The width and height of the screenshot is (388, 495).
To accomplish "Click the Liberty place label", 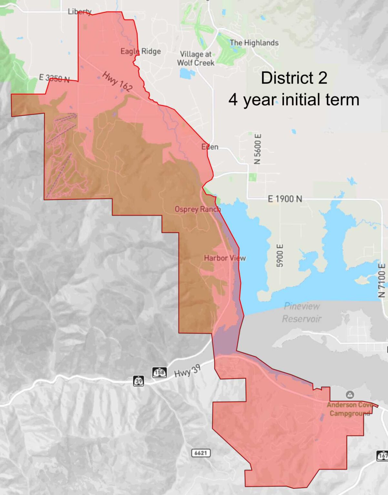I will [79, 12].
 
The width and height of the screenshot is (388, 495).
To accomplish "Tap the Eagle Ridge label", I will [140, 51].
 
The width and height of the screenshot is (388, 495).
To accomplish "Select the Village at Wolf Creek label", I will [196, 58].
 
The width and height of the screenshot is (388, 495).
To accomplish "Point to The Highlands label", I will [254, 43].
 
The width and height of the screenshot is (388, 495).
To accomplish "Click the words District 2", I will [294, 78].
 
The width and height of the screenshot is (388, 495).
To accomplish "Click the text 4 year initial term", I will [294, 99].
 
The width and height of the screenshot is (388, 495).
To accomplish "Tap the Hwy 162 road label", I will [117, 81].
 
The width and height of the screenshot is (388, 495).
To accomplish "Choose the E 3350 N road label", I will [54, 78].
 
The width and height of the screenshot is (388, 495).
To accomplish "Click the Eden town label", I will [210, 147].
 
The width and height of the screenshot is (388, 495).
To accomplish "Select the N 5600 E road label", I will [257, 149].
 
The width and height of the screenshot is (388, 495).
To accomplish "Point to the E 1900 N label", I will [285, 199].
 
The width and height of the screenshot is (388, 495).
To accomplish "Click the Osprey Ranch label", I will [198, 209].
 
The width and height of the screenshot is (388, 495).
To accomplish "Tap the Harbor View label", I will [225, 258].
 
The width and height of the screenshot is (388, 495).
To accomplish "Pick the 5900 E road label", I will [280, 255].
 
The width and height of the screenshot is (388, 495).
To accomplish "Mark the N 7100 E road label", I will [382, 280].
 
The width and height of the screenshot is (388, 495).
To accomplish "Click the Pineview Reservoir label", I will [301, 312].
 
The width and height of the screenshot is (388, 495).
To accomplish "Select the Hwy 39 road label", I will [187, 371].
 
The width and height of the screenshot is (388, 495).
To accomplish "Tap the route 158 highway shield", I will [159, 373].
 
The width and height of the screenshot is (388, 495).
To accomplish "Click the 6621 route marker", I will [201, 453].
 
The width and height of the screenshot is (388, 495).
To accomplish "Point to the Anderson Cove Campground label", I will [350, 409].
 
